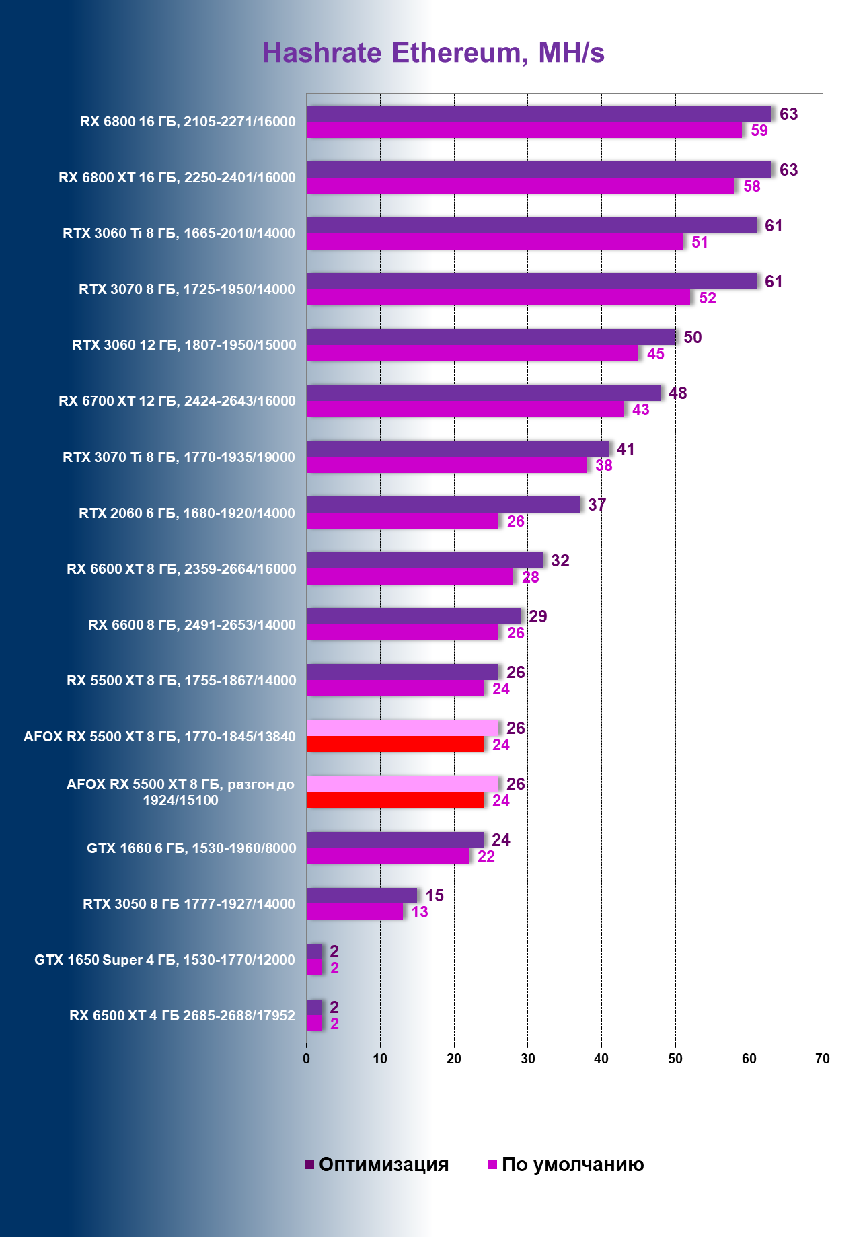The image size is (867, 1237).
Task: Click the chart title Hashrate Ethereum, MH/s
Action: [433, 53]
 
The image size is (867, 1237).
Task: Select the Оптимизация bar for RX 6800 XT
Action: [539, 170]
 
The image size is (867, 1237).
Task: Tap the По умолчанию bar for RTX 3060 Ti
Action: [494, 242]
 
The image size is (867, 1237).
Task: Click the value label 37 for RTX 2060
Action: [597, 505]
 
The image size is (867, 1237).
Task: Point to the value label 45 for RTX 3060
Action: [655, 354]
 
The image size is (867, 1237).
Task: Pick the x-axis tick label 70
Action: [822, 1059]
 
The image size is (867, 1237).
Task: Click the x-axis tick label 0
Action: [307, 1059]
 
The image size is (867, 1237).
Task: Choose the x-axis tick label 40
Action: [601, 1059]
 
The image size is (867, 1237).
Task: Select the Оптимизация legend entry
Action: [377, 1164]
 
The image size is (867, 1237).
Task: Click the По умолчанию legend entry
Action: [566, 1164]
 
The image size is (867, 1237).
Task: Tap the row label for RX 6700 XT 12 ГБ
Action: [177, 401]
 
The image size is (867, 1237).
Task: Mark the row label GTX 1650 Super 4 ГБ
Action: [165, 960]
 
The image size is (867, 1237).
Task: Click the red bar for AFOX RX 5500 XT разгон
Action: [395, 800]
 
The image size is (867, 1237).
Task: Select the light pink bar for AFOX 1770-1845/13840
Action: [402, 728]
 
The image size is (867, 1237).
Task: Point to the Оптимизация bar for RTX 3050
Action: [362, 895]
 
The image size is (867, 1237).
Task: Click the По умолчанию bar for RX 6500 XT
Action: [314, 1024]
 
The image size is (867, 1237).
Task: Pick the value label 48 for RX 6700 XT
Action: [677, 393]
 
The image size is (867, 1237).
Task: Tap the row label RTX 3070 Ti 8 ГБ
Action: [179, 457]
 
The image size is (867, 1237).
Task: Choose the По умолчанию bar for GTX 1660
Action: [387, 856]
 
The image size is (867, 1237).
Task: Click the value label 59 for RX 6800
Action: [759, 130]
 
